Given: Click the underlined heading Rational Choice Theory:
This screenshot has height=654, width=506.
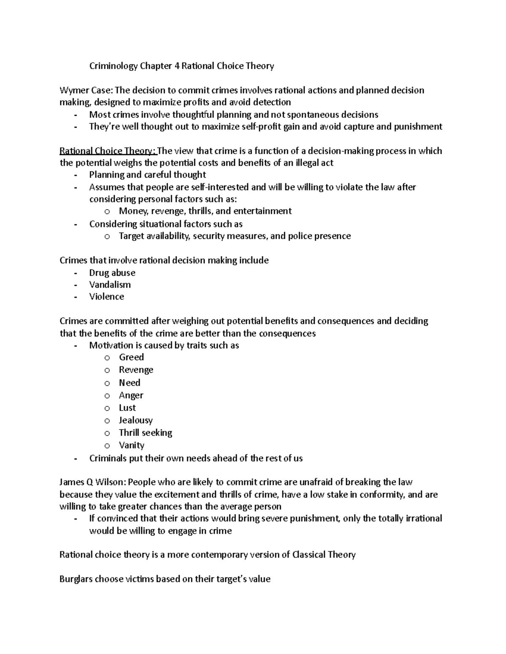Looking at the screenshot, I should click(108, 151).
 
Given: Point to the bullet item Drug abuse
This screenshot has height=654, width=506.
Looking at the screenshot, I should click(112, 273).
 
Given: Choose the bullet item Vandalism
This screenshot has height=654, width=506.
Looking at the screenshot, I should click(110, 285).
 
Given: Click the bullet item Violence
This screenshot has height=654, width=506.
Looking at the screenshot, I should click(107, 297).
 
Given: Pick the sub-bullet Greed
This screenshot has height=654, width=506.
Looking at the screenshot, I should click(131, 358).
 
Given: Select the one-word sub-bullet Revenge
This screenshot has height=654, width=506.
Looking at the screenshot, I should click(136, 370).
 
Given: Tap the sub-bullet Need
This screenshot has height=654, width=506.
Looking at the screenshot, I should click(129, 383).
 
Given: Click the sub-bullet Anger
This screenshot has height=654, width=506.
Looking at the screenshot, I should click(131, 395).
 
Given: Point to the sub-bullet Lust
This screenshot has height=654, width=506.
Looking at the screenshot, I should click(127, 408).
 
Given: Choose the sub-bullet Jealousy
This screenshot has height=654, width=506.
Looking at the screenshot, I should click(136, 420).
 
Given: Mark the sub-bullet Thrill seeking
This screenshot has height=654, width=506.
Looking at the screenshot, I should click(145, 433).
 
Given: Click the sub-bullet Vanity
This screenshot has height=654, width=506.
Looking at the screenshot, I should click(132, 446).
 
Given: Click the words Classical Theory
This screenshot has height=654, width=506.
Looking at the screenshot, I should click(324, 555).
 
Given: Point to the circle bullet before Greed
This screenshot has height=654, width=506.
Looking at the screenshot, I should click(107, 358).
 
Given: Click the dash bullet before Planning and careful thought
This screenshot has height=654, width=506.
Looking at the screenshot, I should click(75, 175).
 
